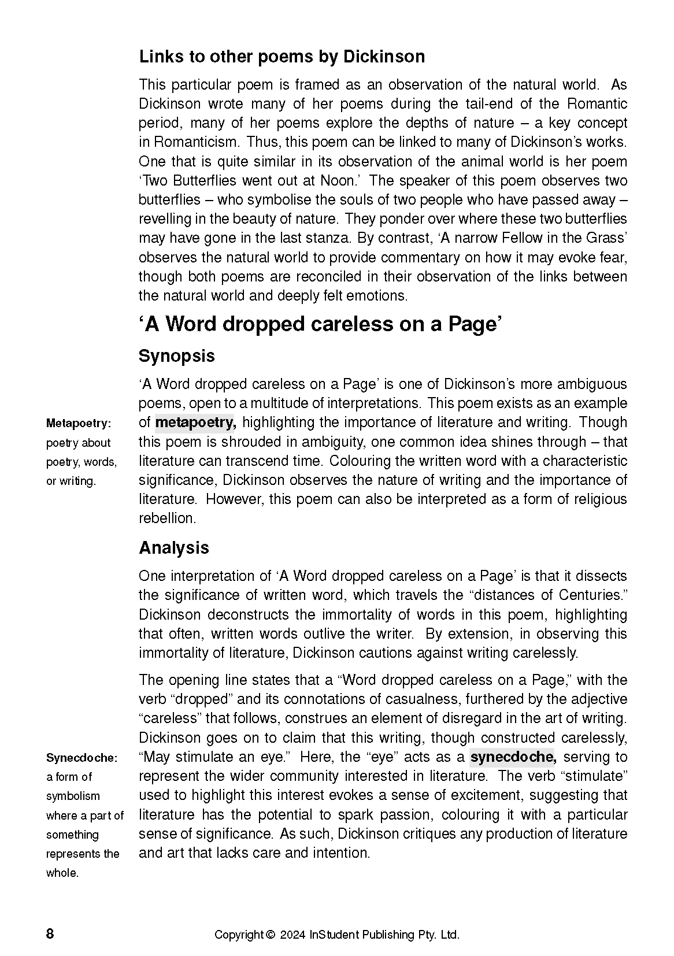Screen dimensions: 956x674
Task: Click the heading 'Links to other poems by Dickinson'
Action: (282, 57)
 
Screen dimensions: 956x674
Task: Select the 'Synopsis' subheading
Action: (176, 356)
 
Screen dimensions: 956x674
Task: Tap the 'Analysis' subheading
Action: (173, 548)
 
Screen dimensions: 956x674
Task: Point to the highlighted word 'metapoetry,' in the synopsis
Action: (196, 423)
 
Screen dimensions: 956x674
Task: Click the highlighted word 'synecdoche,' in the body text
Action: (513, 757)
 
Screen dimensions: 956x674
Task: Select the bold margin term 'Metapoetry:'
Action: (78, 424)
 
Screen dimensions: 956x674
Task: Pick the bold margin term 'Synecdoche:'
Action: (82, 758)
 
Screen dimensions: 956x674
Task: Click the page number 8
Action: (50, 935)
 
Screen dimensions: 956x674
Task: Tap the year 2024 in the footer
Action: (292, 935)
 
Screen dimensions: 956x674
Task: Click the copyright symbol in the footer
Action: (269, 935)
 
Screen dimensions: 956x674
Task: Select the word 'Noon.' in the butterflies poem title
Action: (337, 180)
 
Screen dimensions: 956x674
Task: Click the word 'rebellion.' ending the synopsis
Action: (167, 518)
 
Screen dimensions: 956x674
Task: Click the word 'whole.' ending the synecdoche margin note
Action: (62, 873)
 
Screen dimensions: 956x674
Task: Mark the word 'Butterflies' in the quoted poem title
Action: (203, 180)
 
